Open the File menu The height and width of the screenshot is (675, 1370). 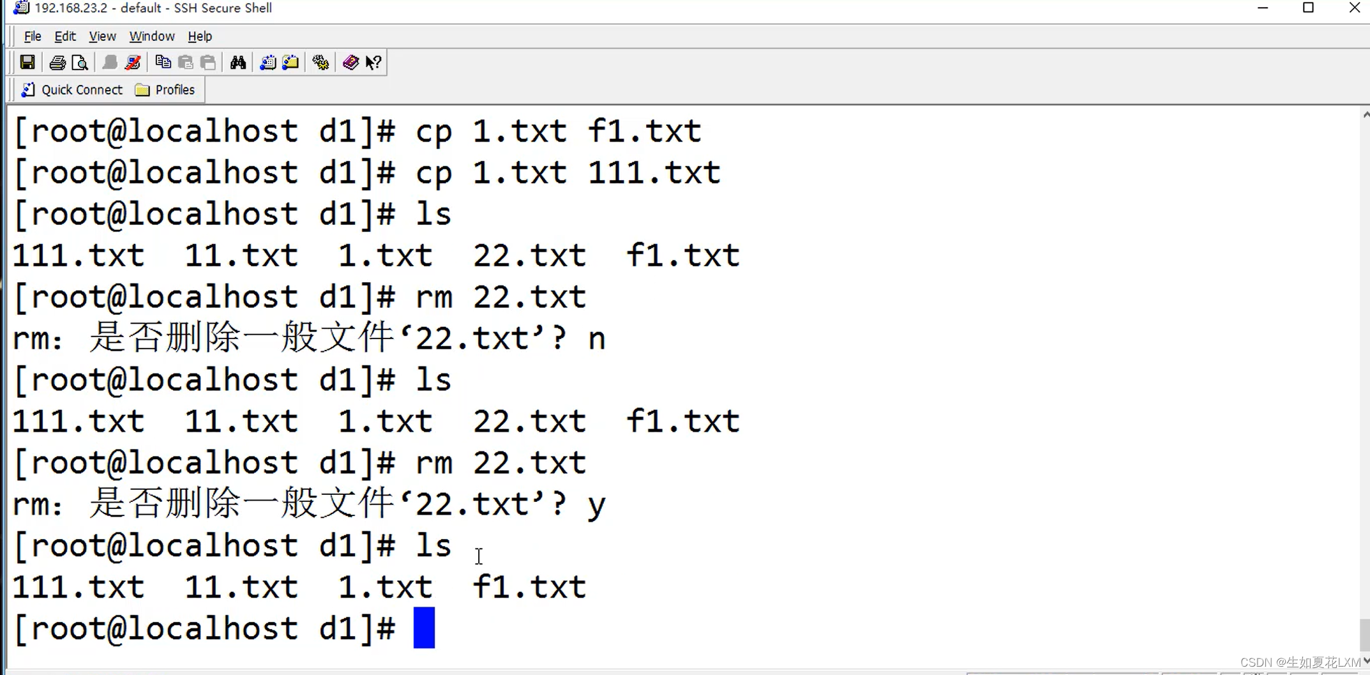tap(32, 36)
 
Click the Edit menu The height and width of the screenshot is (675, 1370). tap(64, 36)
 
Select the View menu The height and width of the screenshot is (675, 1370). tap(102, 36)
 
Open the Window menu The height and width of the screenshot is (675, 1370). tap(151, 36)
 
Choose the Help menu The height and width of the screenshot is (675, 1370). tap(200, 36)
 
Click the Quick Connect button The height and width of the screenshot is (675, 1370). tap(72, 90)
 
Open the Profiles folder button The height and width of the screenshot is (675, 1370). tap(165, 90)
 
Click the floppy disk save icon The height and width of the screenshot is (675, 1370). tap(27, 63)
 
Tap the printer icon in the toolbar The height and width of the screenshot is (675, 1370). tap(57, 63)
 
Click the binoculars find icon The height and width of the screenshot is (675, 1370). tap(238, 63)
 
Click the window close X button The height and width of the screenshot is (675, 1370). tap(1354, 8)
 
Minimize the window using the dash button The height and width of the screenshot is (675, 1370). tap(1262, 8)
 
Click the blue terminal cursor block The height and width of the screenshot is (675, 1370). tap(424, 628)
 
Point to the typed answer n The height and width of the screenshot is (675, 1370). tap(596, 338)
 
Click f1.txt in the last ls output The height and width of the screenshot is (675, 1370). tap(529, 587)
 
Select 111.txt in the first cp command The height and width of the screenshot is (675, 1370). tap(654, 173)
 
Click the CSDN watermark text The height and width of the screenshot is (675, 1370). tap(1300, 662)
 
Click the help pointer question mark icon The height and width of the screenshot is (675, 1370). tap(373, 63)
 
